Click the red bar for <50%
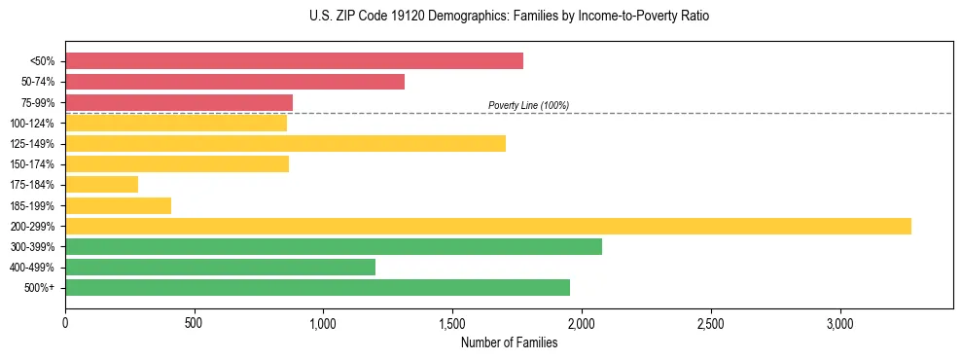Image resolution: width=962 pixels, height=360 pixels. coord(294,61)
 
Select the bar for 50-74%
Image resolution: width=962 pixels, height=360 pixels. coord(234,82)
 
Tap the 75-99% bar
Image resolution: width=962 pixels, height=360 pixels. coord(179,102)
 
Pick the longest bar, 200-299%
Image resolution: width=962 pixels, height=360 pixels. coord(488,226)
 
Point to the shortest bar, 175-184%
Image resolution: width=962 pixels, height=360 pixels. coord(102,185)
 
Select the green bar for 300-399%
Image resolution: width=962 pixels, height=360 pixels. coord(334,247)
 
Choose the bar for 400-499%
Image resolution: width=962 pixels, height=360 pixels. coord(220,268)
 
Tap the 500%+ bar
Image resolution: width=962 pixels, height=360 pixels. coord(317,288)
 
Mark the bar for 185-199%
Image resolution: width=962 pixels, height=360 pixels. coord(119,205)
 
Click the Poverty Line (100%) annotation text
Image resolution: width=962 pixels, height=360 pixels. coord(528,105)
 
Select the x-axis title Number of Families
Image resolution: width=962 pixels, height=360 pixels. coord(509,342)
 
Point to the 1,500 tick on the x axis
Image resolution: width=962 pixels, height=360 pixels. coord(452,323)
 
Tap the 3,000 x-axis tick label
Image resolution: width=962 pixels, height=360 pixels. coord(839,323)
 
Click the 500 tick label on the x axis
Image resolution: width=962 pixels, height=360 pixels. coord(194,323)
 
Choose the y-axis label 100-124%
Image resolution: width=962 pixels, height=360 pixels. coord(32,124)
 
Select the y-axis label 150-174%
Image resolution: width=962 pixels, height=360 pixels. coord(32,164)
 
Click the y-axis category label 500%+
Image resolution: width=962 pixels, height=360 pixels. coord(40,288)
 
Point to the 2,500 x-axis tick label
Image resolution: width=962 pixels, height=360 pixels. coord(711,323)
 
